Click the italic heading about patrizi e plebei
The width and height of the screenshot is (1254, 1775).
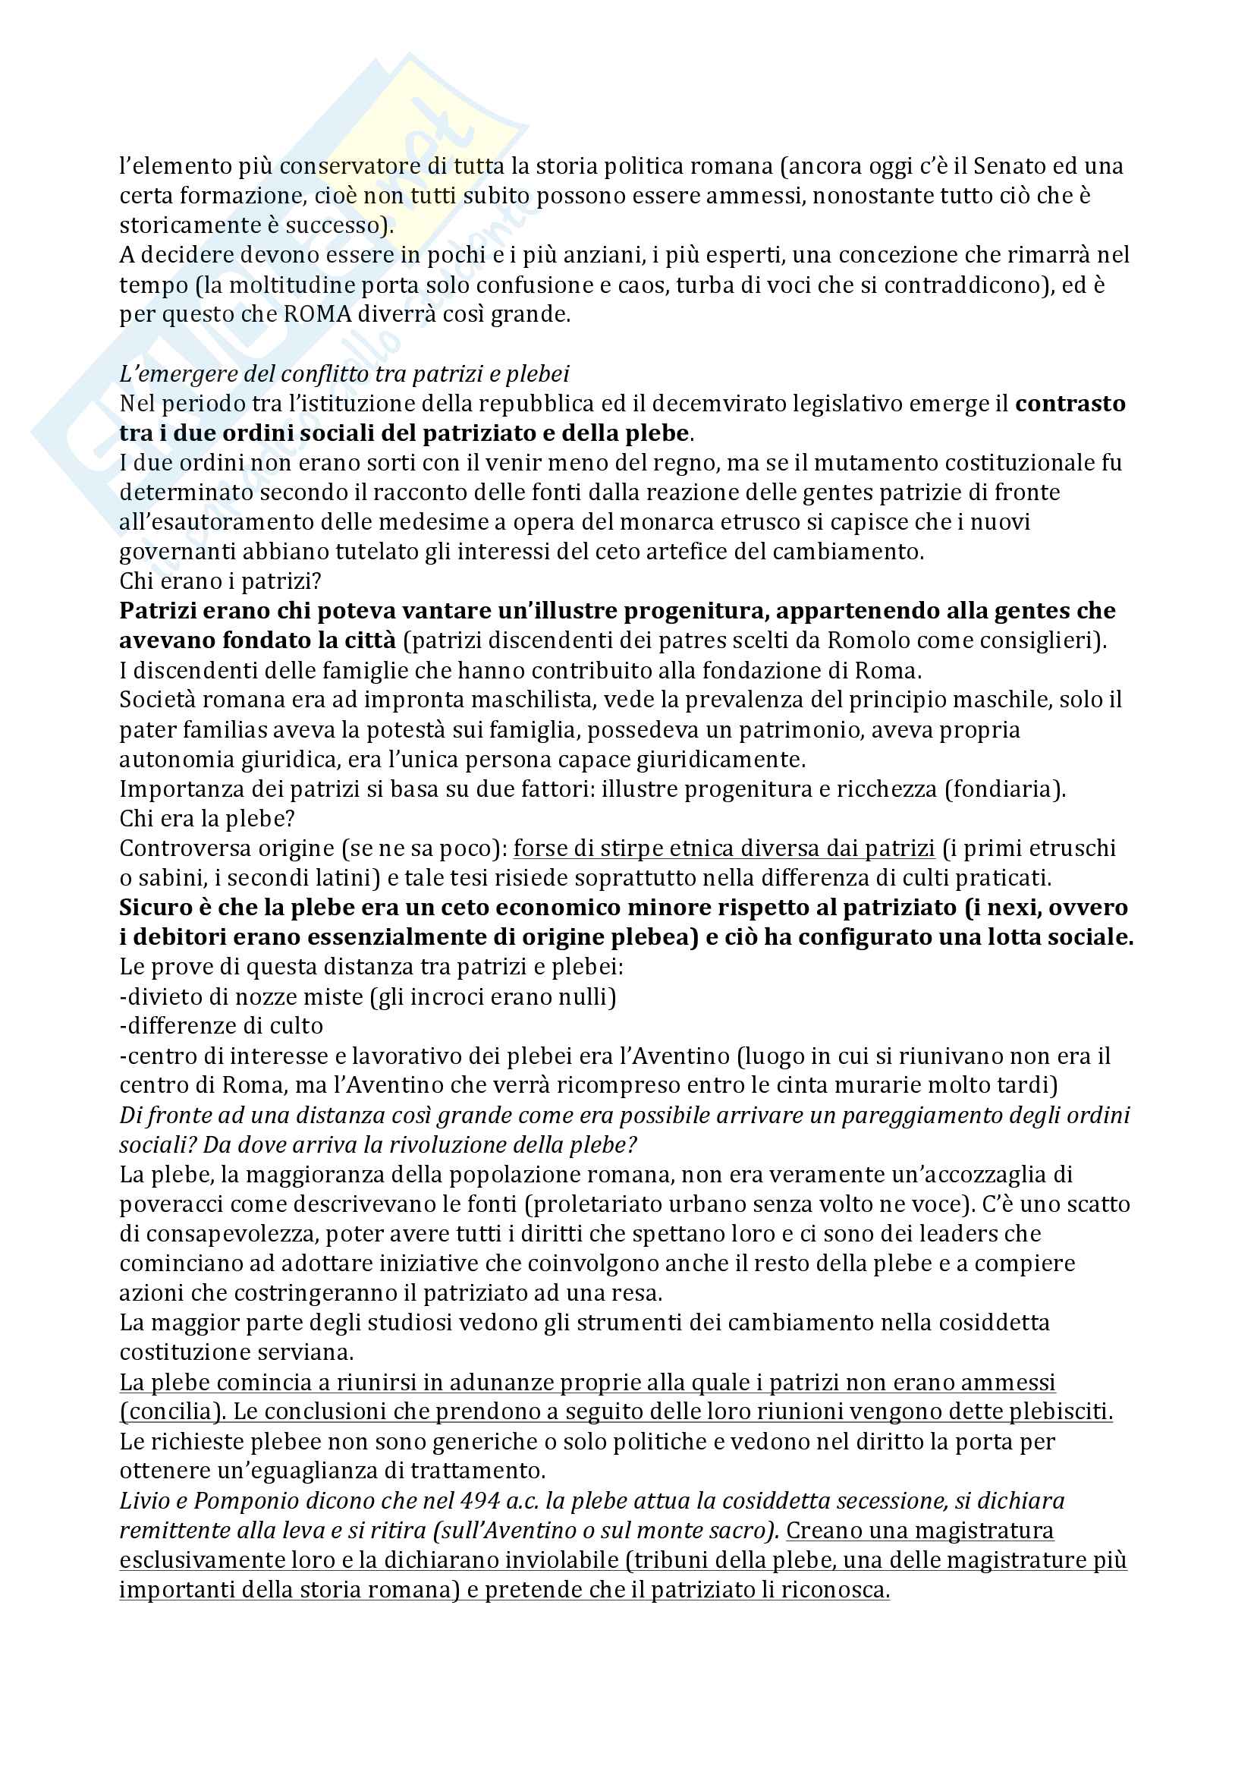(x=344, y=374)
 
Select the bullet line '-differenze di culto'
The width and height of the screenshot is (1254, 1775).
(x=222, y=1026)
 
